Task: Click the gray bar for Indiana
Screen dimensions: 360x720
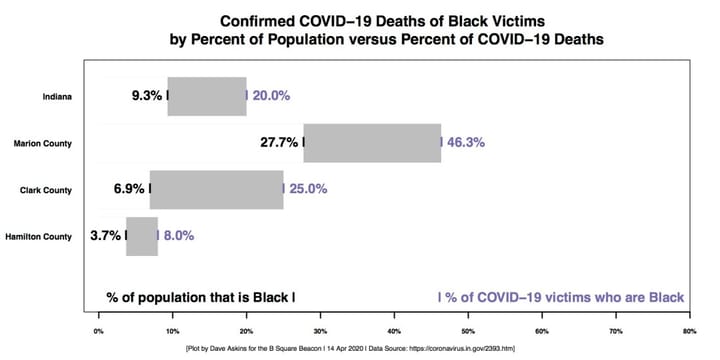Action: click(207, 96)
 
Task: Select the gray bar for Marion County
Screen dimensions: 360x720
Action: click(372, 142)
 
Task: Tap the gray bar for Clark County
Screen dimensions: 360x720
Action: click(216, 189)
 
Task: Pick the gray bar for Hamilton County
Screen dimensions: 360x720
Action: click(142, 236)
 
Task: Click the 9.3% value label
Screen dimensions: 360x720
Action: click(147, 96)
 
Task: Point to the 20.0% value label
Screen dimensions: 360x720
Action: click(271, 96)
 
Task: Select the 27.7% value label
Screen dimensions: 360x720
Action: click(279, 142)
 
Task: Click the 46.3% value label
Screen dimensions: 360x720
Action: click(465, 142)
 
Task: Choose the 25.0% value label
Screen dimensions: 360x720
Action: click(307, 189)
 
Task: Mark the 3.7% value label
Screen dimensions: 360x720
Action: click(104, 236)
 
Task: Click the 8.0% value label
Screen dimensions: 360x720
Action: click(179, 236)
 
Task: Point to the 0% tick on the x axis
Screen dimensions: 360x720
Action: click(98, 327)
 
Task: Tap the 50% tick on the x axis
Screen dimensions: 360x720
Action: click(467, 327)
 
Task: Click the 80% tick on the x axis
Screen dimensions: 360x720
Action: click(688, 327)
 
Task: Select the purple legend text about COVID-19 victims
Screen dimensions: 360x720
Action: click(562, 297)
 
